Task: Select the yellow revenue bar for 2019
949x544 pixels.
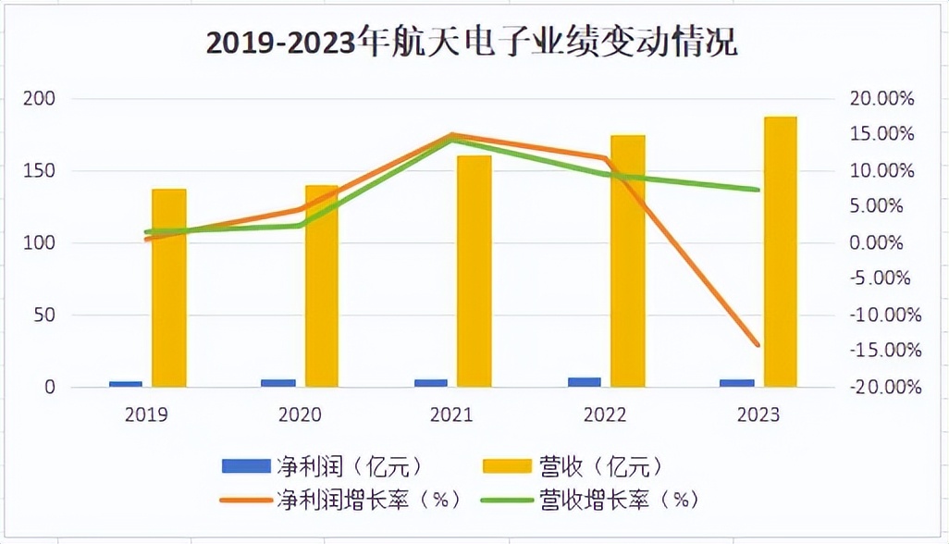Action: coord(169,288)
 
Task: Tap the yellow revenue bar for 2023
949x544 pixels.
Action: coord(781,252)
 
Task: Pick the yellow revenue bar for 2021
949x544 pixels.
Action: coord(474,270)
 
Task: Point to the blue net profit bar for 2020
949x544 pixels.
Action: coord(278,382)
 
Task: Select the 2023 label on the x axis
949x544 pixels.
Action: coord(758,414)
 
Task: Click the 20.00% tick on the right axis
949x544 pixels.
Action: coord(881,99)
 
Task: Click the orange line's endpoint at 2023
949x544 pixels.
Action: coord(758,345)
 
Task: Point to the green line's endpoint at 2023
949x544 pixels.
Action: coord(758,190)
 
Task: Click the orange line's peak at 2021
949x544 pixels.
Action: coord(453,135)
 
